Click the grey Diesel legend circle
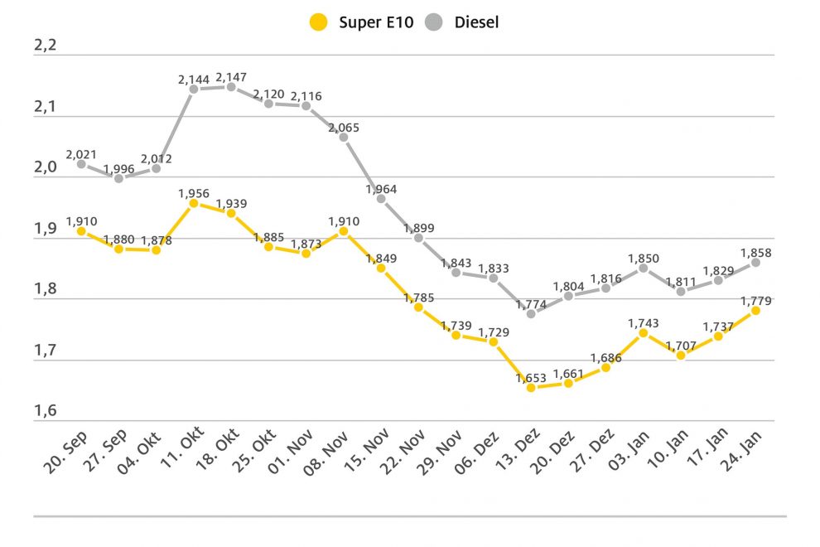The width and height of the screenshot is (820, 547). [435, 22]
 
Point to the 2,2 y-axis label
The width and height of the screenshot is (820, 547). [45, 46]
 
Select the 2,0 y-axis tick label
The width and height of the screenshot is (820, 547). [45, 167]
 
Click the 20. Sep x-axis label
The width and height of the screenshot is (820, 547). [66, 454]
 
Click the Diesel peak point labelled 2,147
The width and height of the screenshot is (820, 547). [231, 87]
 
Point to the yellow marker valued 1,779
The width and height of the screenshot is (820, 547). [755, 310]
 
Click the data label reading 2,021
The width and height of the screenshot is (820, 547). [81, 152]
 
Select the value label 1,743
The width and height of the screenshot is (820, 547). [643, 322]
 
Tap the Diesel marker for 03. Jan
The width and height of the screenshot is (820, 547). [643, 268]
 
